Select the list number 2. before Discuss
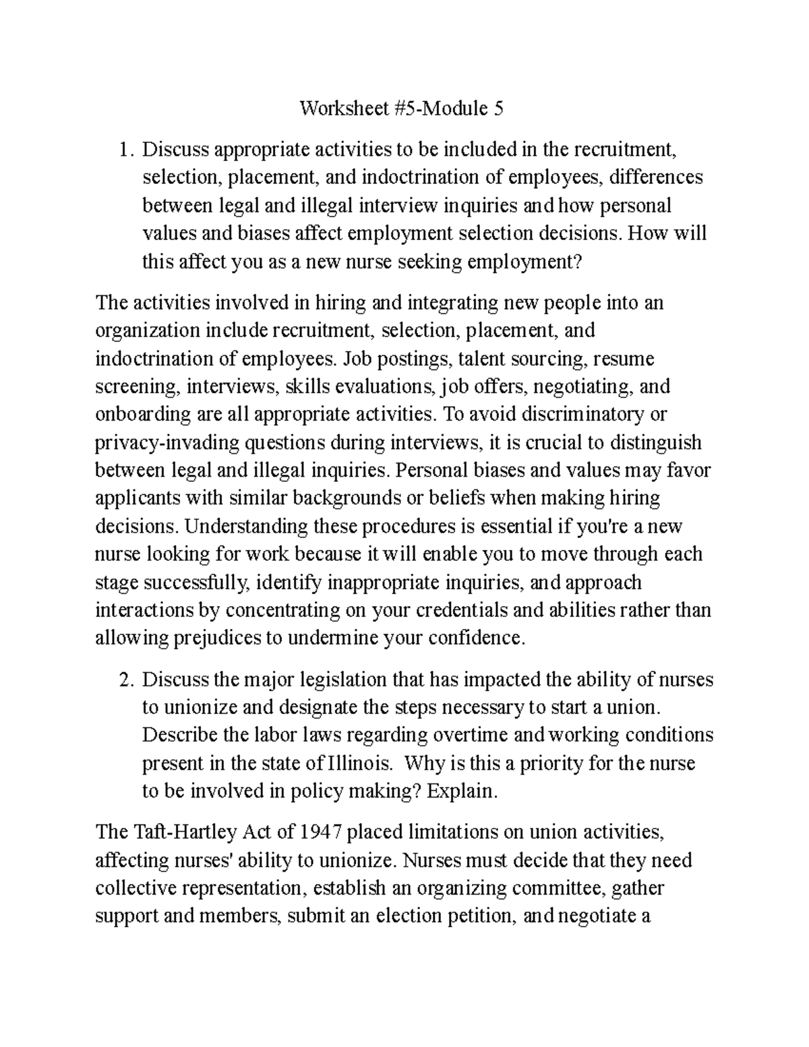(x=125, y=680)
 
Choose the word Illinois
(x=358, y=764)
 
